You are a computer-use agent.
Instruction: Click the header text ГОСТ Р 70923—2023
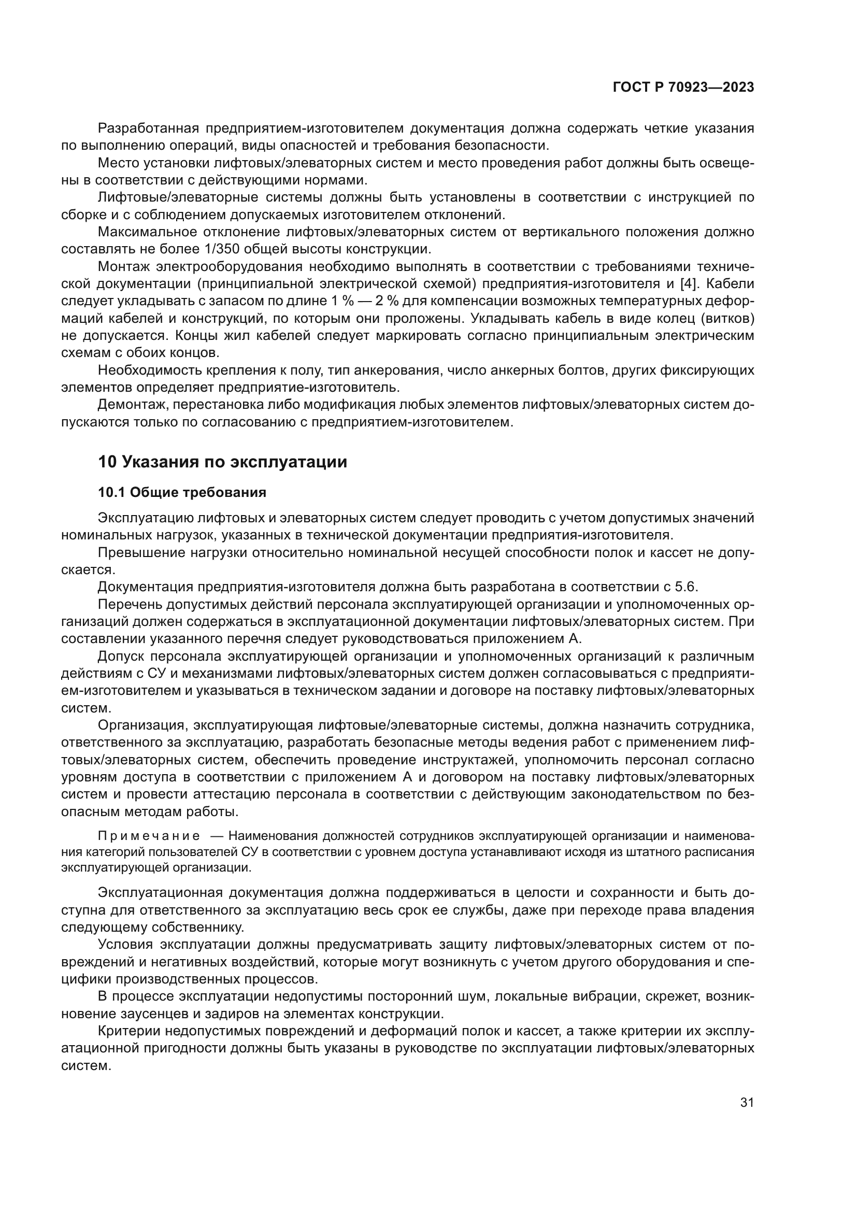tap(683, 88)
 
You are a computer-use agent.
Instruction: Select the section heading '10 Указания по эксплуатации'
tap(222, 462)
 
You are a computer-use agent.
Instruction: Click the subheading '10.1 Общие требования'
tap(182, 492)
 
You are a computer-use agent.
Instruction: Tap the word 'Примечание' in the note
tap(149, 836)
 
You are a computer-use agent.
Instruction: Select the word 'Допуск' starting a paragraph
tap(120, 656)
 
